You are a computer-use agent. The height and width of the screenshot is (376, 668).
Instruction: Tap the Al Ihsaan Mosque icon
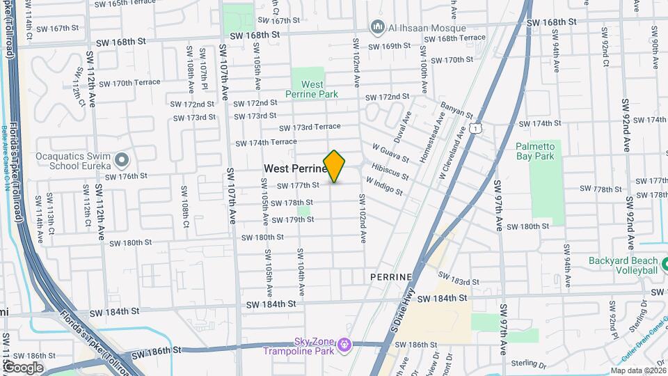coord(378,27)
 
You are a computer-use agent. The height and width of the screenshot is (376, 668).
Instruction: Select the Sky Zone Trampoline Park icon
coord(344,345)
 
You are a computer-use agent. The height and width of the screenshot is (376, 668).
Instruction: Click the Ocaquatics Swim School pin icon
coord(122,161)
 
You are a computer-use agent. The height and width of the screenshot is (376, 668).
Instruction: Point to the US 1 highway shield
coord(475,127)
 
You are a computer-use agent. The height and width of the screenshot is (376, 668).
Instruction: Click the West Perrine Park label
coord(303,88)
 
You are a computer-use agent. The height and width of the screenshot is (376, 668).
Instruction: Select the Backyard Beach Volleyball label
coord(623,265)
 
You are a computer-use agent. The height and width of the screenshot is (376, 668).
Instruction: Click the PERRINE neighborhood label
coord(392,277)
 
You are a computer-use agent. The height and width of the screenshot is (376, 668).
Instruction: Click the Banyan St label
coord(456,110)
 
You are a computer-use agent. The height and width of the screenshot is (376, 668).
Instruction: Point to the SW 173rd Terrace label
coord(310,127)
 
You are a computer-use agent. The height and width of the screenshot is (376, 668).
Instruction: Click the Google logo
coord(23,367)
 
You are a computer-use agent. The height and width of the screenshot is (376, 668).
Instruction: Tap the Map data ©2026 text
coord(638,370)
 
